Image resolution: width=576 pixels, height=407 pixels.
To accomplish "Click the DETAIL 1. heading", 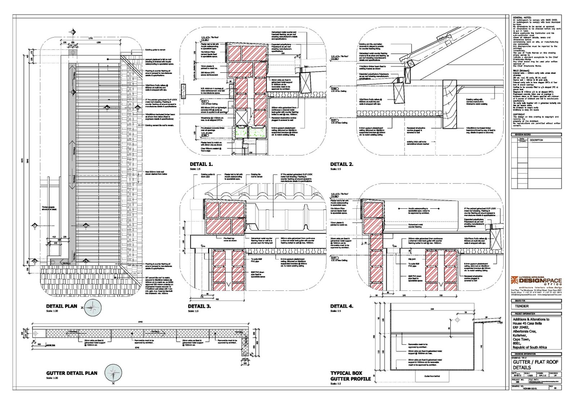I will (201, 164).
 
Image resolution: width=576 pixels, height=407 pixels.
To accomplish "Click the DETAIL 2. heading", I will (342, 164).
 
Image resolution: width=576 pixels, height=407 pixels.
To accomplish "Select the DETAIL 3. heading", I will (199, 306).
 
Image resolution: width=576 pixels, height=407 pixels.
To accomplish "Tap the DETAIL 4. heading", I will (342, 306).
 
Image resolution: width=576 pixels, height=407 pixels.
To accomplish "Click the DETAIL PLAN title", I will (62, 306).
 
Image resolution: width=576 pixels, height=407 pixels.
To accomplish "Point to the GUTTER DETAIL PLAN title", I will (72, 373).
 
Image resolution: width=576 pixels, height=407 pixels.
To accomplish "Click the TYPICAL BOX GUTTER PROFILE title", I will (350, 376).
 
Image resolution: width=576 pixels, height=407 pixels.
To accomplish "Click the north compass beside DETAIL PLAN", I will (93, 308).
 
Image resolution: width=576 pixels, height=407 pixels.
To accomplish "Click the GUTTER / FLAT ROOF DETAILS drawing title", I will (535, 365).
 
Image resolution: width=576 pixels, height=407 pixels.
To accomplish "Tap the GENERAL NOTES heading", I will (522, 18).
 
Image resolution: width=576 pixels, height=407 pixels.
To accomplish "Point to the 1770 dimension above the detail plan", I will (91, 39).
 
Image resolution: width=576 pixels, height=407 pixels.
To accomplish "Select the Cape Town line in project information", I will (521, 339).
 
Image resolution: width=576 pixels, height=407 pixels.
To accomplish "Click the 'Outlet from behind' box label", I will (432, 376).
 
